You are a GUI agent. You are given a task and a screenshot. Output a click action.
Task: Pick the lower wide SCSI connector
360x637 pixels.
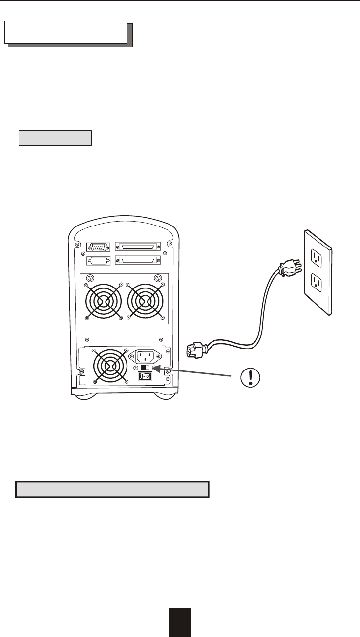[137, 260]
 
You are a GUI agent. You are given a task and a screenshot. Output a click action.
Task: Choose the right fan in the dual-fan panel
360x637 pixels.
[144, 301]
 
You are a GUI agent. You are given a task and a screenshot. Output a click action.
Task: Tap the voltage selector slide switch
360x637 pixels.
[145, 368]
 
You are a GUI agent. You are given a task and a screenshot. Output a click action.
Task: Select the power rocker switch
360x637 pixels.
[144, 376]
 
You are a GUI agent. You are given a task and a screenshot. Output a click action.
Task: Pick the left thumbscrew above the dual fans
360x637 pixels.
[88, 279]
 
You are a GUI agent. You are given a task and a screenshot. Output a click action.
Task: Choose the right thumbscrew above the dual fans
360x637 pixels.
[158, 279]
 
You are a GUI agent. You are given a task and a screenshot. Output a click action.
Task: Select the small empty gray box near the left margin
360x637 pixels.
[55, 138]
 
